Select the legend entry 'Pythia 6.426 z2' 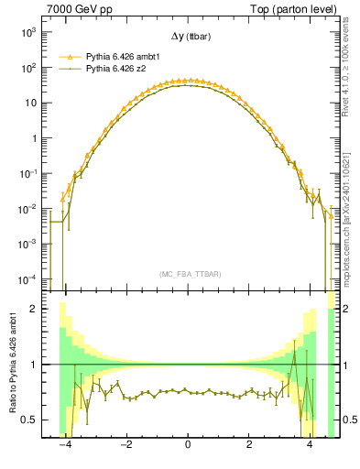pos(117,68)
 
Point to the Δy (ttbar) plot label pos(188,38)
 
